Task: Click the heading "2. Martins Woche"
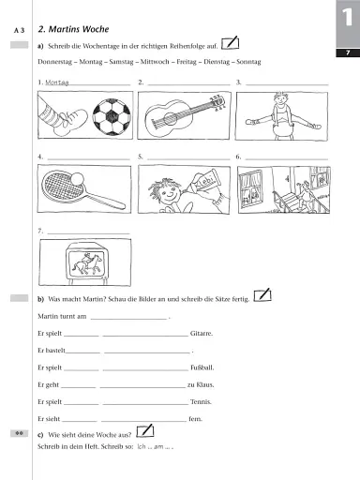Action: coord(71,30)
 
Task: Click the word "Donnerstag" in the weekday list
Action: coord(55,62)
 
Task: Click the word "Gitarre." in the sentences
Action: coord(202,333)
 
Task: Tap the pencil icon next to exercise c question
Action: coord(143,430)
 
